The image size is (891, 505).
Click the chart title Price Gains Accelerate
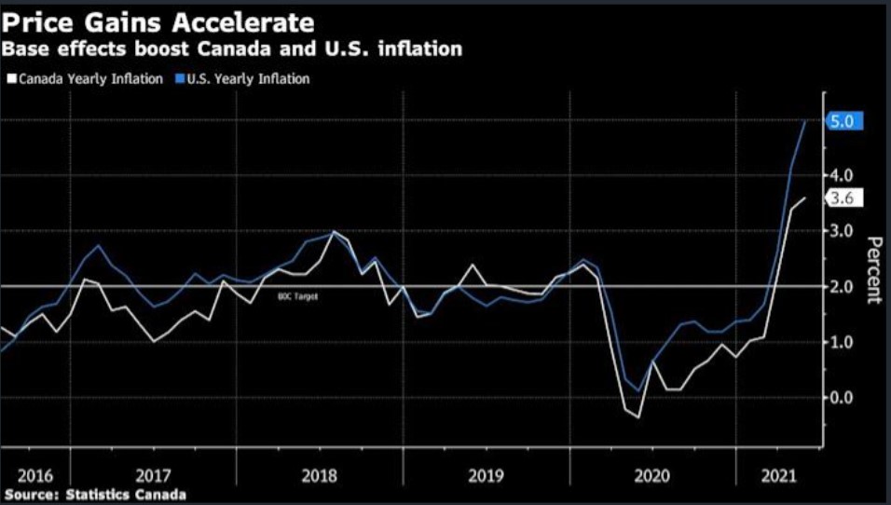coord(158,20)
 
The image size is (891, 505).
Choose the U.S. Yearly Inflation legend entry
coord(244,79)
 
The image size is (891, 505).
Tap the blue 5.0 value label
coord(845,120)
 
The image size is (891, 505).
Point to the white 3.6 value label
coord(845,198)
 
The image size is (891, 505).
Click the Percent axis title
coord(874,270)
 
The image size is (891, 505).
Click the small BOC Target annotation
coord(292,296)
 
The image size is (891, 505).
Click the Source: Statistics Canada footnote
coord(94,494)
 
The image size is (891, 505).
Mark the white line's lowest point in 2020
coord(638,416)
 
